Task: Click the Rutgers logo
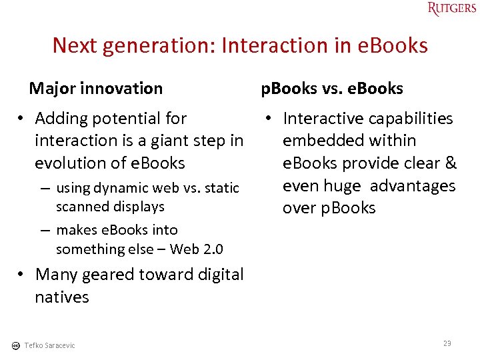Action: click(x=453, y=9)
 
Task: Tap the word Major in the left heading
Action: click(x=51, y=88)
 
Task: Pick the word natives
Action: click(x=62, y=297)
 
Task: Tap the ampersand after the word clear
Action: click(x=450, y=163)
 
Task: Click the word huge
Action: click(x=341, y=185)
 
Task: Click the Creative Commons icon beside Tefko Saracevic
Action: click(x=15, y=345)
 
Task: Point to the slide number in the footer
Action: click(x=447, y=343)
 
